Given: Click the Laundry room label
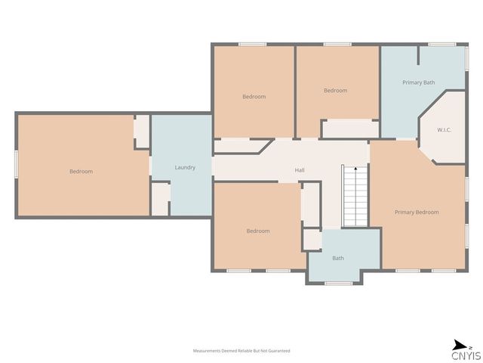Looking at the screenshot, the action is (x=185, y=167).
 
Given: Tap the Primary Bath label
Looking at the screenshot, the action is (x=419, y=82).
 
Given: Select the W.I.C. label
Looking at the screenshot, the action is (x=445, y=130).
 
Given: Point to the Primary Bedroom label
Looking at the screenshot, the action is (x=417, y=212).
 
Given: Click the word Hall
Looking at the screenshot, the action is (x=300, y=170).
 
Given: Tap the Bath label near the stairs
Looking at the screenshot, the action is (x=338, y=258).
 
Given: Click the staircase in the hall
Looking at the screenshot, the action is (x=355, y=196).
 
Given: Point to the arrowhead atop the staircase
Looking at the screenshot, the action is (x=355, y=169).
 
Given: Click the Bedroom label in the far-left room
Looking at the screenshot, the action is (x=81, y=172).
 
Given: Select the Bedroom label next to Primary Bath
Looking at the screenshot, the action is (x=335, y=91).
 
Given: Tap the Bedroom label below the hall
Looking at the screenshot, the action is (x=258, y=231).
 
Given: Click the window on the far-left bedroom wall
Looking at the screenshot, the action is (x=17, y=164).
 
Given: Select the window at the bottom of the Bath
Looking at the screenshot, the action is (x=339, y=284).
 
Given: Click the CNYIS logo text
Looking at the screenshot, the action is (x=466, y=355).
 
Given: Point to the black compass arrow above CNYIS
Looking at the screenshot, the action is (x=460, y=345).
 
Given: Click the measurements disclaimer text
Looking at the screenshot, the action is (x=241, y=351).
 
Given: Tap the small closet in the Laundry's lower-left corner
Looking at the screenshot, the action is (x=160, y=199).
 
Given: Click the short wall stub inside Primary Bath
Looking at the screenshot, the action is (x=418, y=55).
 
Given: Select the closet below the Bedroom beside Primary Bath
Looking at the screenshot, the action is (x=350, y=129).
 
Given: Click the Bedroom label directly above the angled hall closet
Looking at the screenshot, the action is (x=254, y=97).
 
